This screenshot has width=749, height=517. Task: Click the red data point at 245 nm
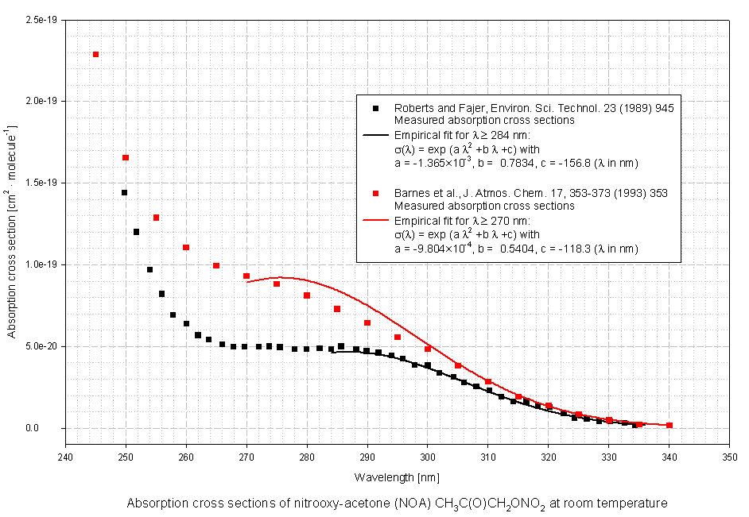[95, 54]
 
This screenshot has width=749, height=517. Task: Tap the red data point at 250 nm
[126, 157]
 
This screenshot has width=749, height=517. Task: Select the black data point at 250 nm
[124, 192]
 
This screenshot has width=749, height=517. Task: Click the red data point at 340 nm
[669, 426]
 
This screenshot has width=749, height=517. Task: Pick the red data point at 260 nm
[186, 247]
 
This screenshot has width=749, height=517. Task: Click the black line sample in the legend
[374, 136]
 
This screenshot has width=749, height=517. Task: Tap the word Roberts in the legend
[411, 108]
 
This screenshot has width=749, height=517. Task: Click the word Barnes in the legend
[410, 193]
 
